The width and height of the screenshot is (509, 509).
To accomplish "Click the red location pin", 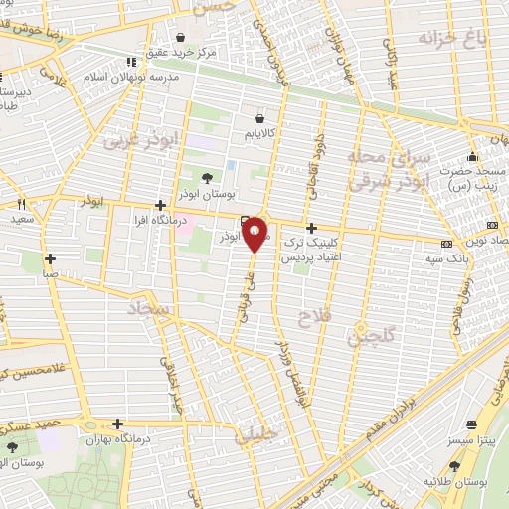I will point(256,234).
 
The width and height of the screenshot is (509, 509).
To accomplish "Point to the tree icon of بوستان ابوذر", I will point(206,178).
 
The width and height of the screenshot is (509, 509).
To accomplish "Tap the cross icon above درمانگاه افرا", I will point(160,205).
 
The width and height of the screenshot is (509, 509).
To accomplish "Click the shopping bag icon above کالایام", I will point(259,117).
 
